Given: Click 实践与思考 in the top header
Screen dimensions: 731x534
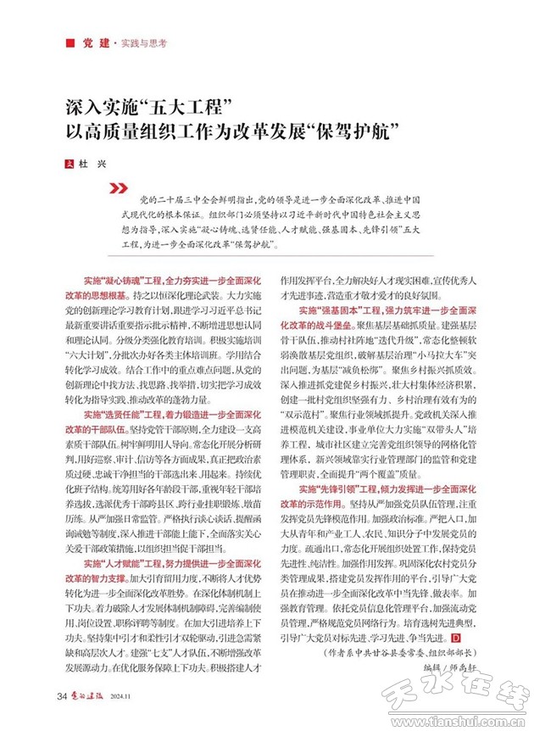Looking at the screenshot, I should pyautogui.click(x=142, y=42).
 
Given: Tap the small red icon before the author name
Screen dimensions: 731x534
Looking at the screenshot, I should pyautogui.click(x=70, y=163).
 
